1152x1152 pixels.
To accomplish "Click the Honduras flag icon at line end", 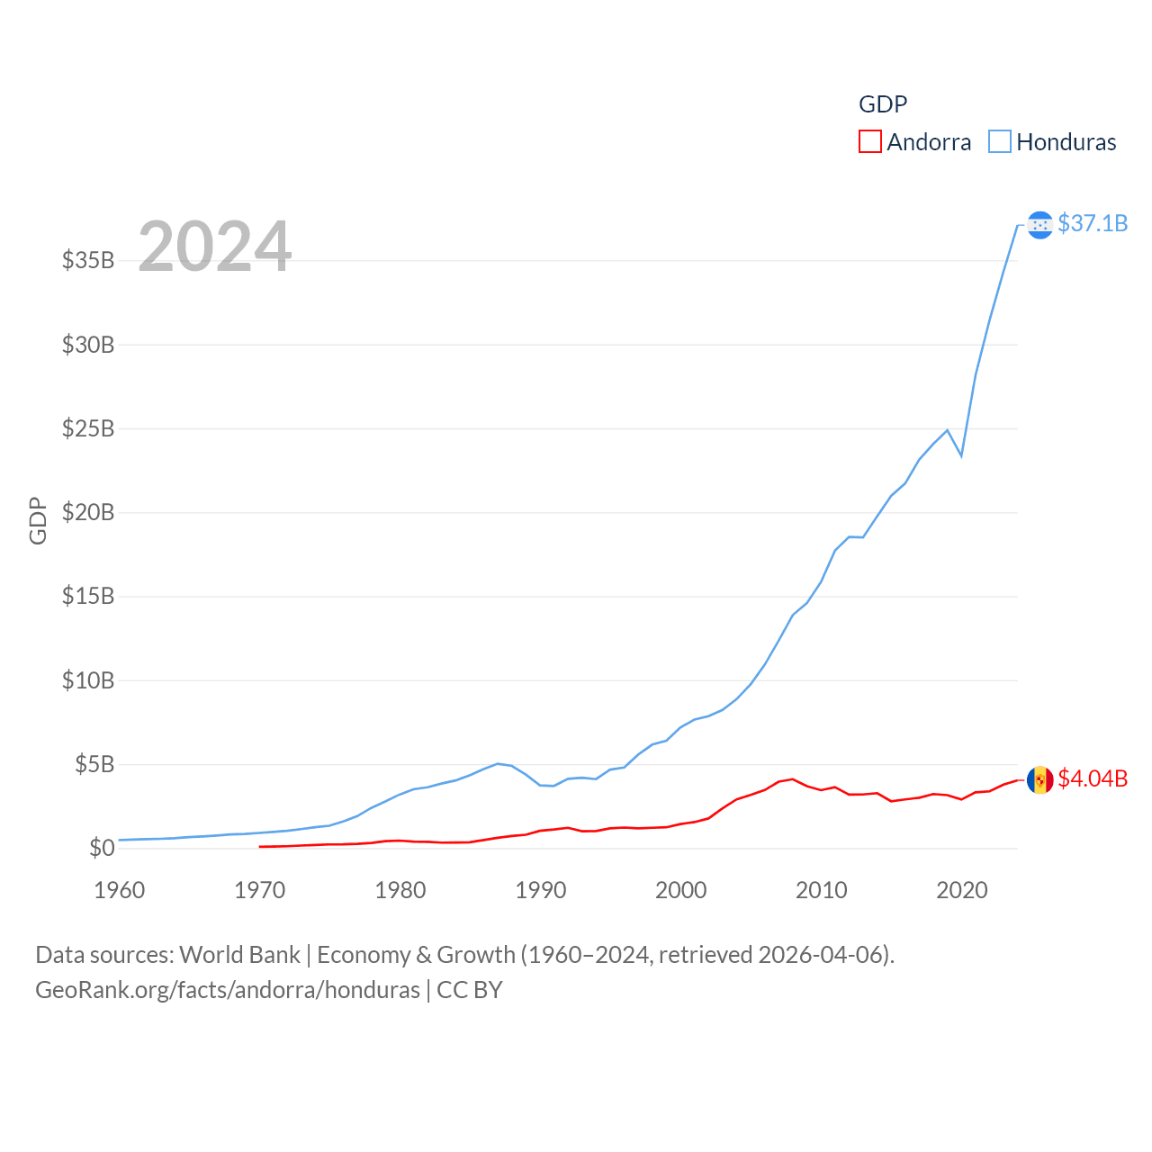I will pyautogui.click(x=1039, y=224).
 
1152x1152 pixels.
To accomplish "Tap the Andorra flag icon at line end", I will pyautogui.click(x=1039, y=779).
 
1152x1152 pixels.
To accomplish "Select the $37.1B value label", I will pyautogui.click(x=1093, y=223).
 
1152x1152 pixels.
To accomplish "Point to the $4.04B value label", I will pyautogui.click(x=1093, y=778).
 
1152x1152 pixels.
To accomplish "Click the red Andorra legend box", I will pyautogui.click(x=869, y=142).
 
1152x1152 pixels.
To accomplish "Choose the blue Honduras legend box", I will pyautogui.click(x=999, y=142).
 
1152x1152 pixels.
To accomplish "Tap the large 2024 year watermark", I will pyautogui.click(x=215, y=247).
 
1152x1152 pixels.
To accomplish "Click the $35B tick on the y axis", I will pyautogui.click(x=88, y=261).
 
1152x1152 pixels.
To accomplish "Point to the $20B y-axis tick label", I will pyautogui.click(x=88, y=513).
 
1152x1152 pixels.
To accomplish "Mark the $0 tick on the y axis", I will pyautogui.click(x=102, y=848).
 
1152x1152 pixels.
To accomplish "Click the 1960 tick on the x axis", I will pyautogui.click(x=120, y=891).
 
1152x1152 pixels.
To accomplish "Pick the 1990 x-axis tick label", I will pyautogui.click(x=541, y=891).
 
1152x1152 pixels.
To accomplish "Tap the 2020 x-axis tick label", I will pyautogui.click(x=962, y=891).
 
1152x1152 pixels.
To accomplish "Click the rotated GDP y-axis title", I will pyautogui.click(x=38, y=520).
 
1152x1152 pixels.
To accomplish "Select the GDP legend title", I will pyautogui.click(x=883, y=104).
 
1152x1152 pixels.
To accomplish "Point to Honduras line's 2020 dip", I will pyautogui.click(x=961, y=455).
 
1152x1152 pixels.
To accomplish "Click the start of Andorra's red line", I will pyautogui.click(x=260, y=846).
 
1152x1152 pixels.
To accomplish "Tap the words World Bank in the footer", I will pyautogui.click(x=239, y=955).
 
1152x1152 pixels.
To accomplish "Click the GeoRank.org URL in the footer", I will pyautogui.click(x=228, y=990).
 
